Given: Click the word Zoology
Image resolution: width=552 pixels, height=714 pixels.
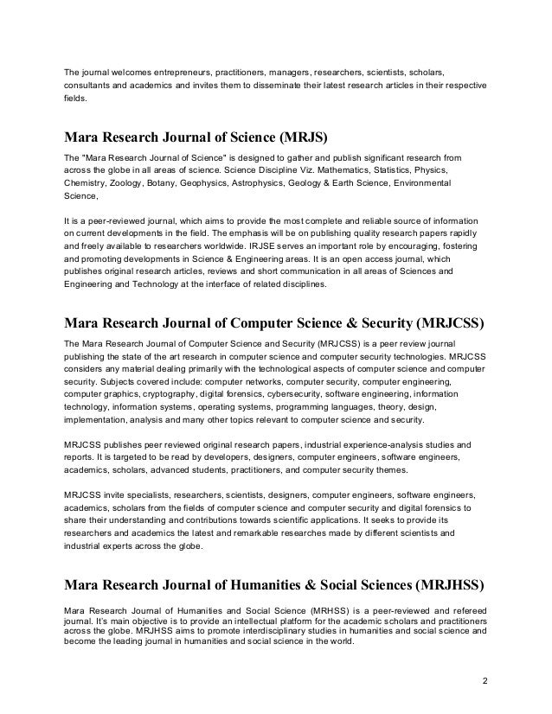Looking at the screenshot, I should click(126, 184).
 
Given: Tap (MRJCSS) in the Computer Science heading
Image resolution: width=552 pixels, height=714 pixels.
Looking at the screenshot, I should click(446, 325).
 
